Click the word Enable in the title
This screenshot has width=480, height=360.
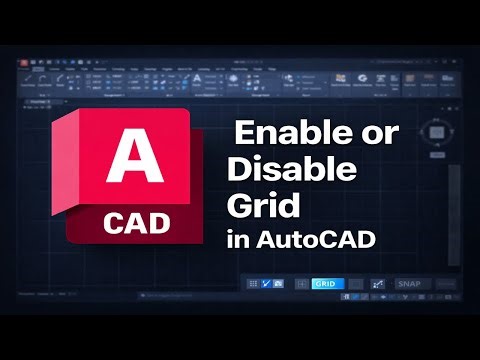click(286, 133)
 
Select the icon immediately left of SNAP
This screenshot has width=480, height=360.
click(379, 285)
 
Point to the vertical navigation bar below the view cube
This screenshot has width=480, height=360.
click(453, 200)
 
